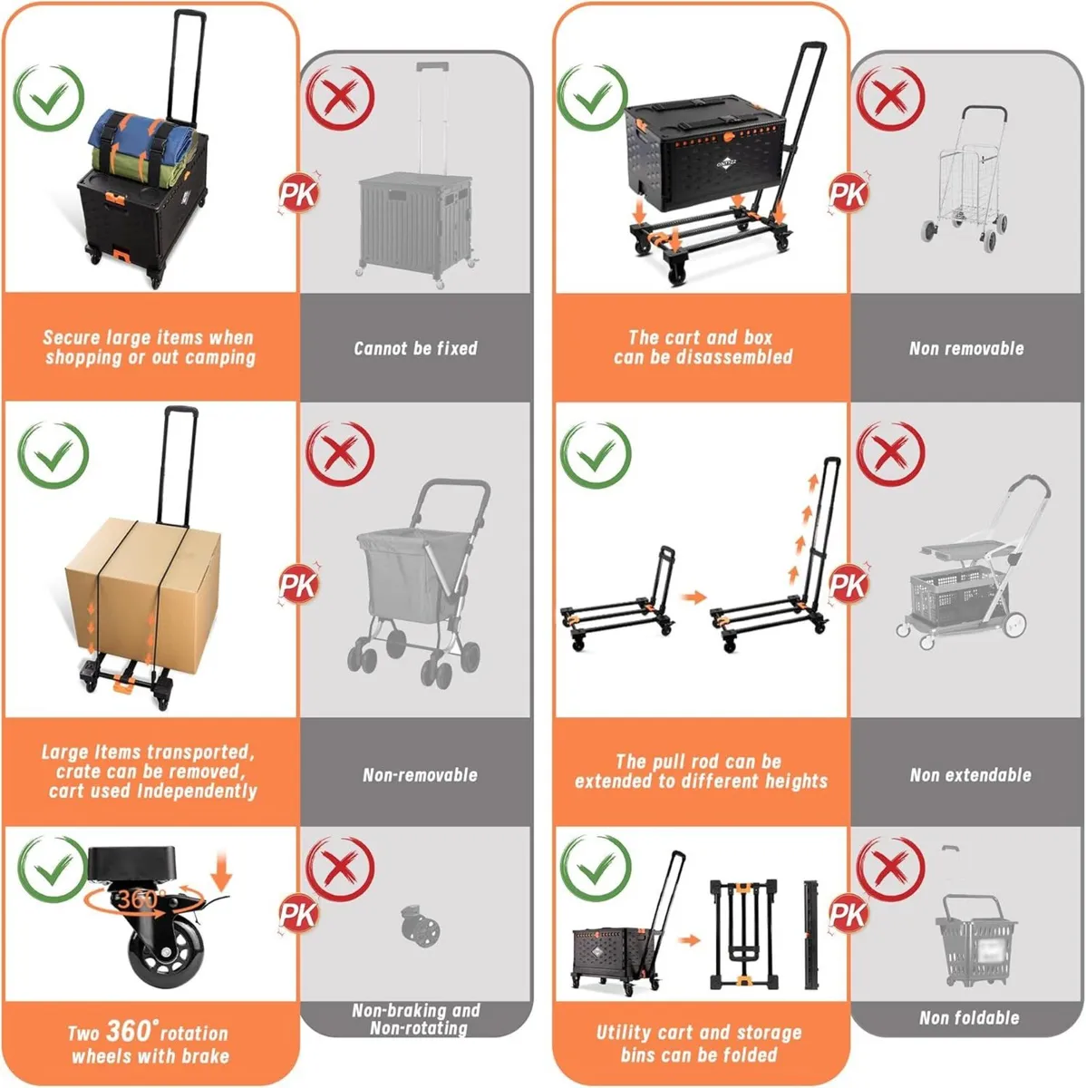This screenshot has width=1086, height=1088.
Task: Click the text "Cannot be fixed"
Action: (415, 348)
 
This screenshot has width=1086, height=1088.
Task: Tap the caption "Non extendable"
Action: (970, 775)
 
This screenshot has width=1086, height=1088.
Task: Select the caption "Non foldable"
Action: (969, 1018)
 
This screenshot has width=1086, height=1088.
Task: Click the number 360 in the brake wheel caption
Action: (127, 1031)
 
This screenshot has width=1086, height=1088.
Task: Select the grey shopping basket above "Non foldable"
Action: (975, 938)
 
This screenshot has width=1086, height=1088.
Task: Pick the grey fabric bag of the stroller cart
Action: (398, 579)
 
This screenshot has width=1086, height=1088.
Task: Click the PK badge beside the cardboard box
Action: (298, 586)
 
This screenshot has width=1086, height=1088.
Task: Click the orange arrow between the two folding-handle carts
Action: (693, 597)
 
